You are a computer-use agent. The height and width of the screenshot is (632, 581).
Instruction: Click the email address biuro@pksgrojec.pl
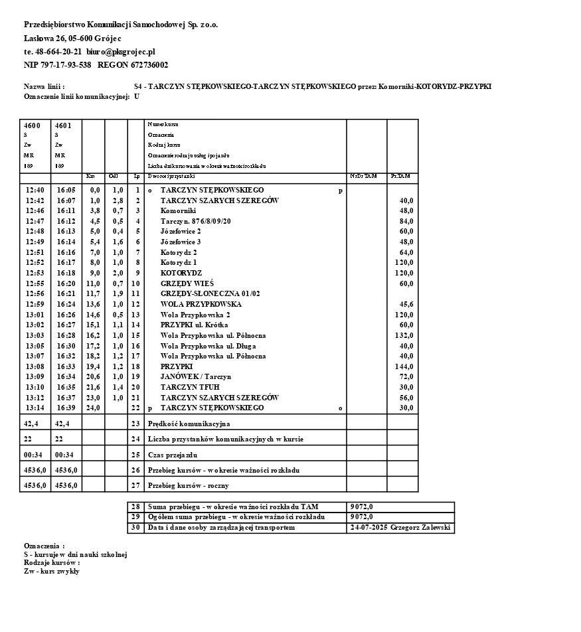click(121, 51)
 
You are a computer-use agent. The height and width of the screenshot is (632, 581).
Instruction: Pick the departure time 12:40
click(35, 190)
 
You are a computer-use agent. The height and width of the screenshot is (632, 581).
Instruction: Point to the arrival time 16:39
click(66, 408)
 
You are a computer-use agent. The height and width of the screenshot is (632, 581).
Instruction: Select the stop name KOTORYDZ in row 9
click(181, 273)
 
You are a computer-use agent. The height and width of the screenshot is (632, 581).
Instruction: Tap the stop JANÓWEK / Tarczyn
click(196, 376)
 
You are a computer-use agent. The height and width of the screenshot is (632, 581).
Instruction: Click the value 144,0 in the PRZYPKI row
click(404, 366)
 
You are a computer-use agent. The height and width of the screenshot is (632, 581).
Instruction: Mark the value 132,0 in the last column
click(404, 335)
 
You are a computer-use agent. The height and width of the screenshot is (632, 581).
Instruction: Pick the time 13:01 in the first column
click(35, 315)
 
